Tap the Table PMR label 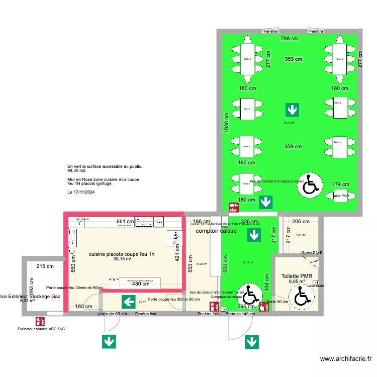pyautogui.click(x=340, y=196)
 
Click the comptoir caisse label pyautogui.click(x=216, y=231)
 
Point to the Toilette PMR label pyautogui.click(x=297, y=275)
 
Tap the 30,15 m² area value pyautogui.click(x=122, y=259)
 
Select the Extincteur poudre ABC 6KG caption pyautogui.click(x=41, y=329)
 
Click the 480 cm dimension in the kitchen pyautogui.click(x=141, y=284)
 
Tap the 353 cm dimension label pyautogui.click(x=294, y=59)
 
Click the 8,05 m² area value pyautogui.click(x=297, y=281)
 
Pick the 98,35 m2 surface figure pyautogui.click(x=76, y=171)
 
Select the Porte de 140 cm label pyautogui.click(x=240, y=314)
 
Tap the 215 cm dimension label pyautogui.click(x=45, y=266)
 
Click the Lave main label pyautogui.click(x=316, y=286)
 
